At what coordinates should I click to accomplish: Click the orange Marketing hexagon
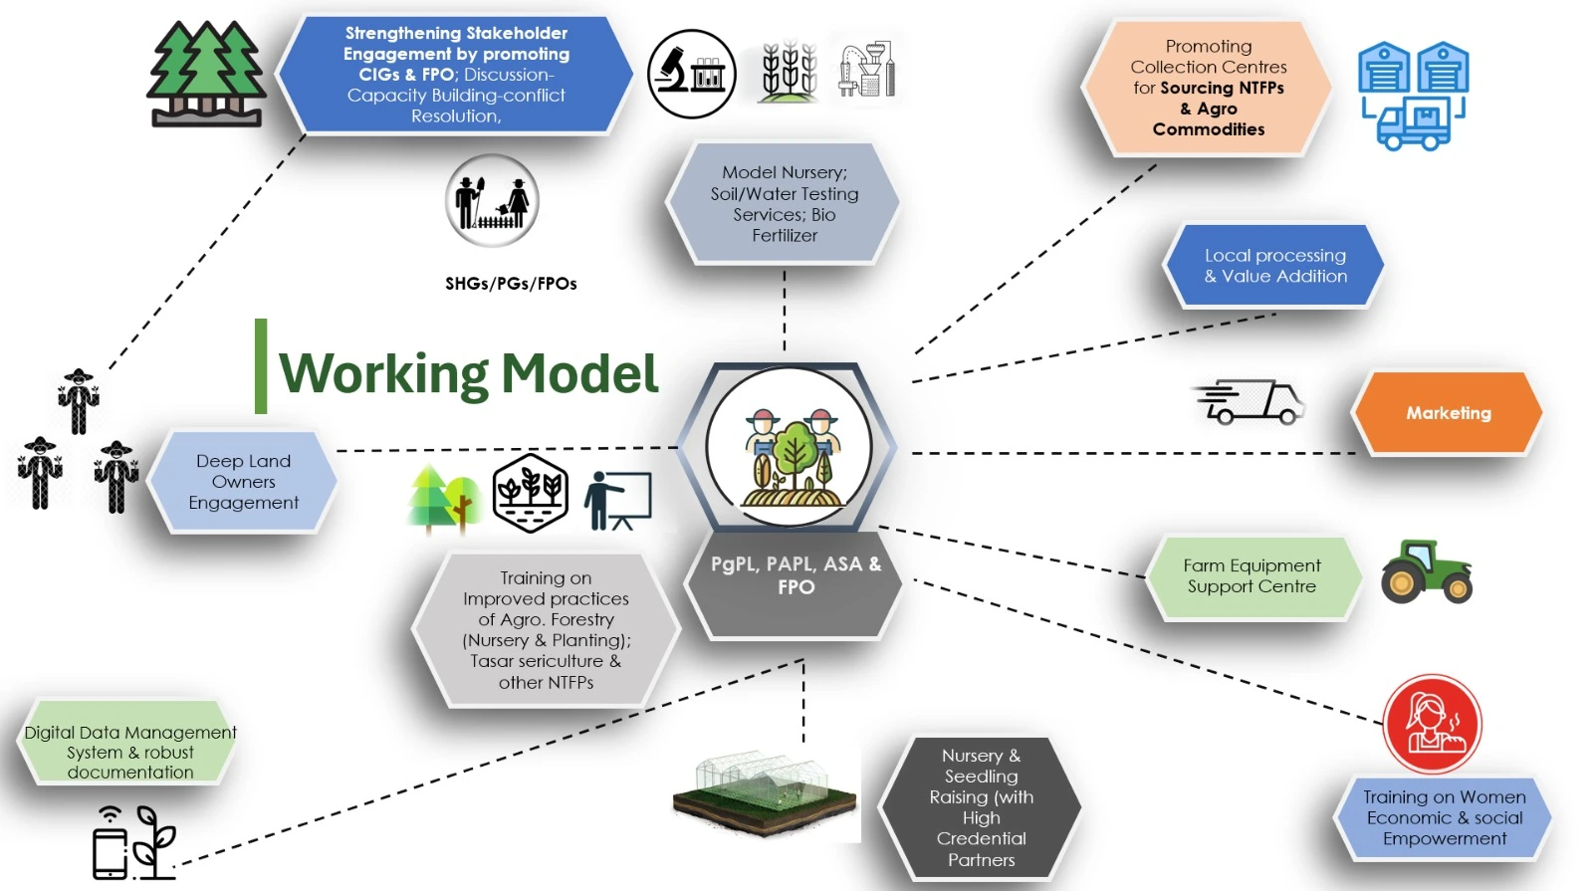click(1447, 413)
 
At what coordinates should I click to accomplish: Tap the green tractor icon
click(1426, 571)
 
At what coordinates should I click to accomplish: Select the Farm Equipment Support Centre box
click(1252, 576)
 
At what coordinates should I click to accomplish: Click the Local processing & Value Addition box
click(1274, 266)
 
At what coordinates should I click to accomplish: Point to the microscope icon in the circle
click(691, 74)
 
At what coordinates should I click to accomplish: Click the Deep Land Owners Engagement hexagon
click(243, 482)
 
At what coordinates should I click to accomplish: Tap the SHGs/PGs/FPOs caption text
click(511, 284)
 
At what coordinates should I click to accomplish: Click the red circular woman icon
click(1432, 724)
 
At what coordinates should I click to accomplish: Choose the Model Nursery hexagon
click(785, 204)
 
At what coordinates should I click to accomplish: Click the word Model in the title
click(578, 374)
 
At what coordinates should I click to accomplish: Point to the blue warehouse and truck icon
click(1414, 96)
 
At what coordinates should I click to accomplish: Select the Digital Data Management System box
click(130, 752)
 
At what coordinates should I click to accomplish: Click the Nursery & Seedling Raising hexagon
click(981, 806)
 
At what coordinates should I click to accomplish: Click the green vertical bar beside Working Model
click(261, 365)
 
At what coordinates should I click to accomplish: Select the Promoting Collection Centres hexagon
click(1208, 88)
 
